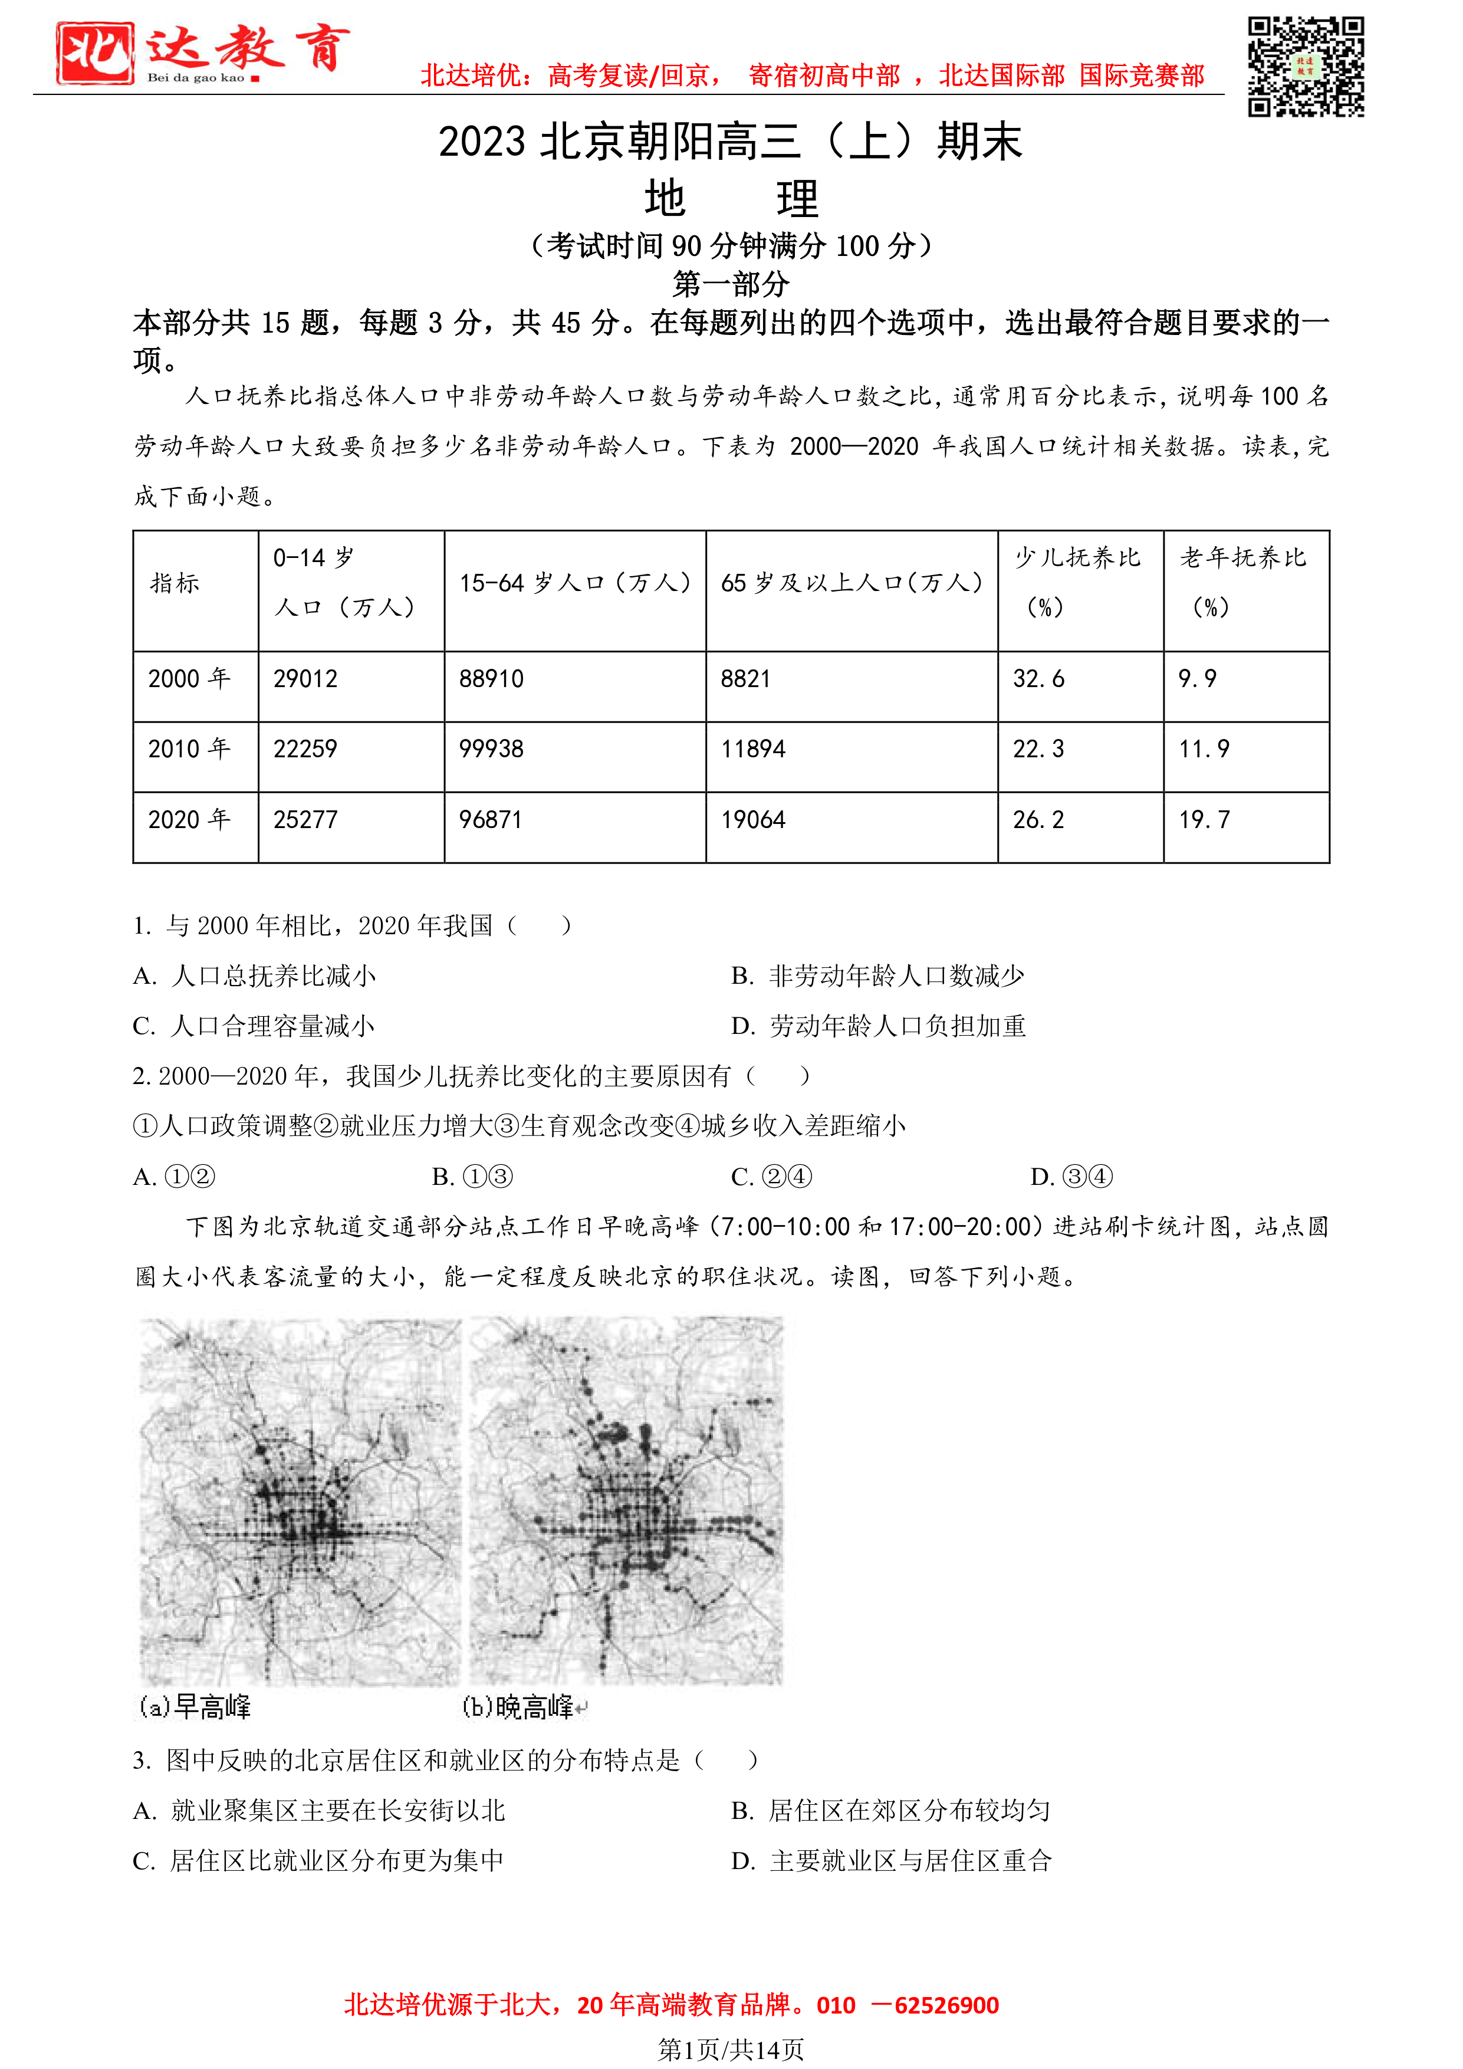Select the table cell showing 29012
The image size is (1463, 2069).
point(305,678)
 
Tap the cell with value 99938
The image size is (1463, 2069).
point(491,749)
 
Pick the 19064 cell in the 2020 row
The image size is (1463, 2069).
point(753,820)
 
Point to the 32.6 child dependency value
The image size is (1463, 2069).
point(1038,678)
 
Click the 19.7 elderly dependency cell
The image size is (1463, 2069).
point(1205,820)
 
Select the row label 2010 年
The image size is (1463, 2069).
point(189,749)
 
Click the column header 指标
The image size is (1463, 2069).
point(175,584)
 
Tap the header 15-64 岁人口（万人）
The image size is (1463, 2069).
point(575,584)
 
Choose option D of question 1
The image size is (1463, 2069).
point(879,1026)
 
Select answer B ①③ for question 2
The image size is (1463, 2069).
point(472,1177)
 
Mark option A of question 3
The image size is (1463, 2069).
point(319,1811)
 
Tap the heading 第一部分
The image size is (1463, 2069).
point(731,285)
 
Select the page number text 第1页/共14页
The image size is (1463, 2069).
point(731,2050)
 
